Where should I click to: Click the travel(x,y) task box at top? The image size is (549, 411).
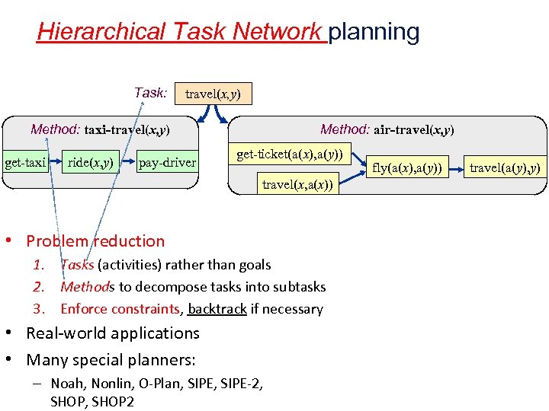click(213, 94)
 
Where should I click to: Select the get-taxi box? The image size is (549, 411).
click(25, 162)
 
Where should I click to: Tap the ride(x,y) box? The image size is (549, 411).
click(91, 162)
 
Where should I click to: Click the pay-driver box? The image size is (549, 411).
click(167, 162)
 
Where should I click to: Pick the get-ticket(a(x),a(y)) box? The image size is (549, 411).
click(294, 155)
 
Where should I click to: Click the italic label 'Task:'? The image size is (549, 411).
click(150, 93)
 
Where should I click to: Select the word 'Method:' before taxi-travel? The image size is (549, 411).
click(56, 129)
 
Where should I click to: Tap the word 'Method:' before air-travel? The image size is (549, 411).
click(345, 129)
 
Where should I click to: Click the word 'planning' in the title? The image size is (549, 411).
click(374, 32)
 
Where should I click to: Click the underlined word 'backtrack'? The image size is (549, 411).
click(217, 309)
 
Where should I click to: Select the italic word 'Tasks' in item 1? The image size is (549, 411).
click(77, 265)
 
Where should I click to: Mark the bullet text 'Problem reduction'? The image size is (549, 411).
click(95, 241)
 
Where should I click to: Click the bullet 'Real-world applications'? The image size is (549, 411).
click(113, 333)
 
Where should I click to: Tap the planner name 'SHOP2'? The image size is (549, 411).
click(114, 401)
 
